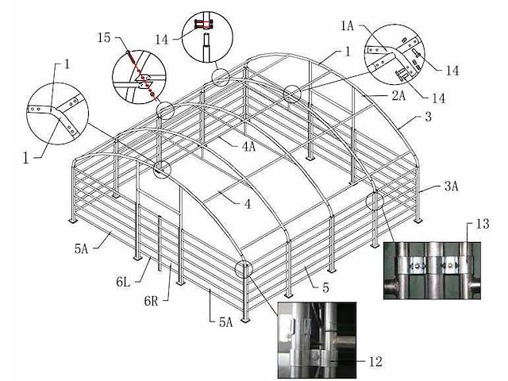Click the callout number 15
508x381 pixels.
[105, 37]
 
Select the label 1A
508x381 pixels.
[348, 26]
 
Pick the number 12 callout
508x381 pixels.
[376, 361]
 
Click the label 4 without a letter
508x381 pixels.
[248, 204]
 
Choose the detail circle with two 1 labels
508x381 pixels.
[56, 113]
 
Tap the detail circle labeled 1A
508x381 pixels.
[394, 60]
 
